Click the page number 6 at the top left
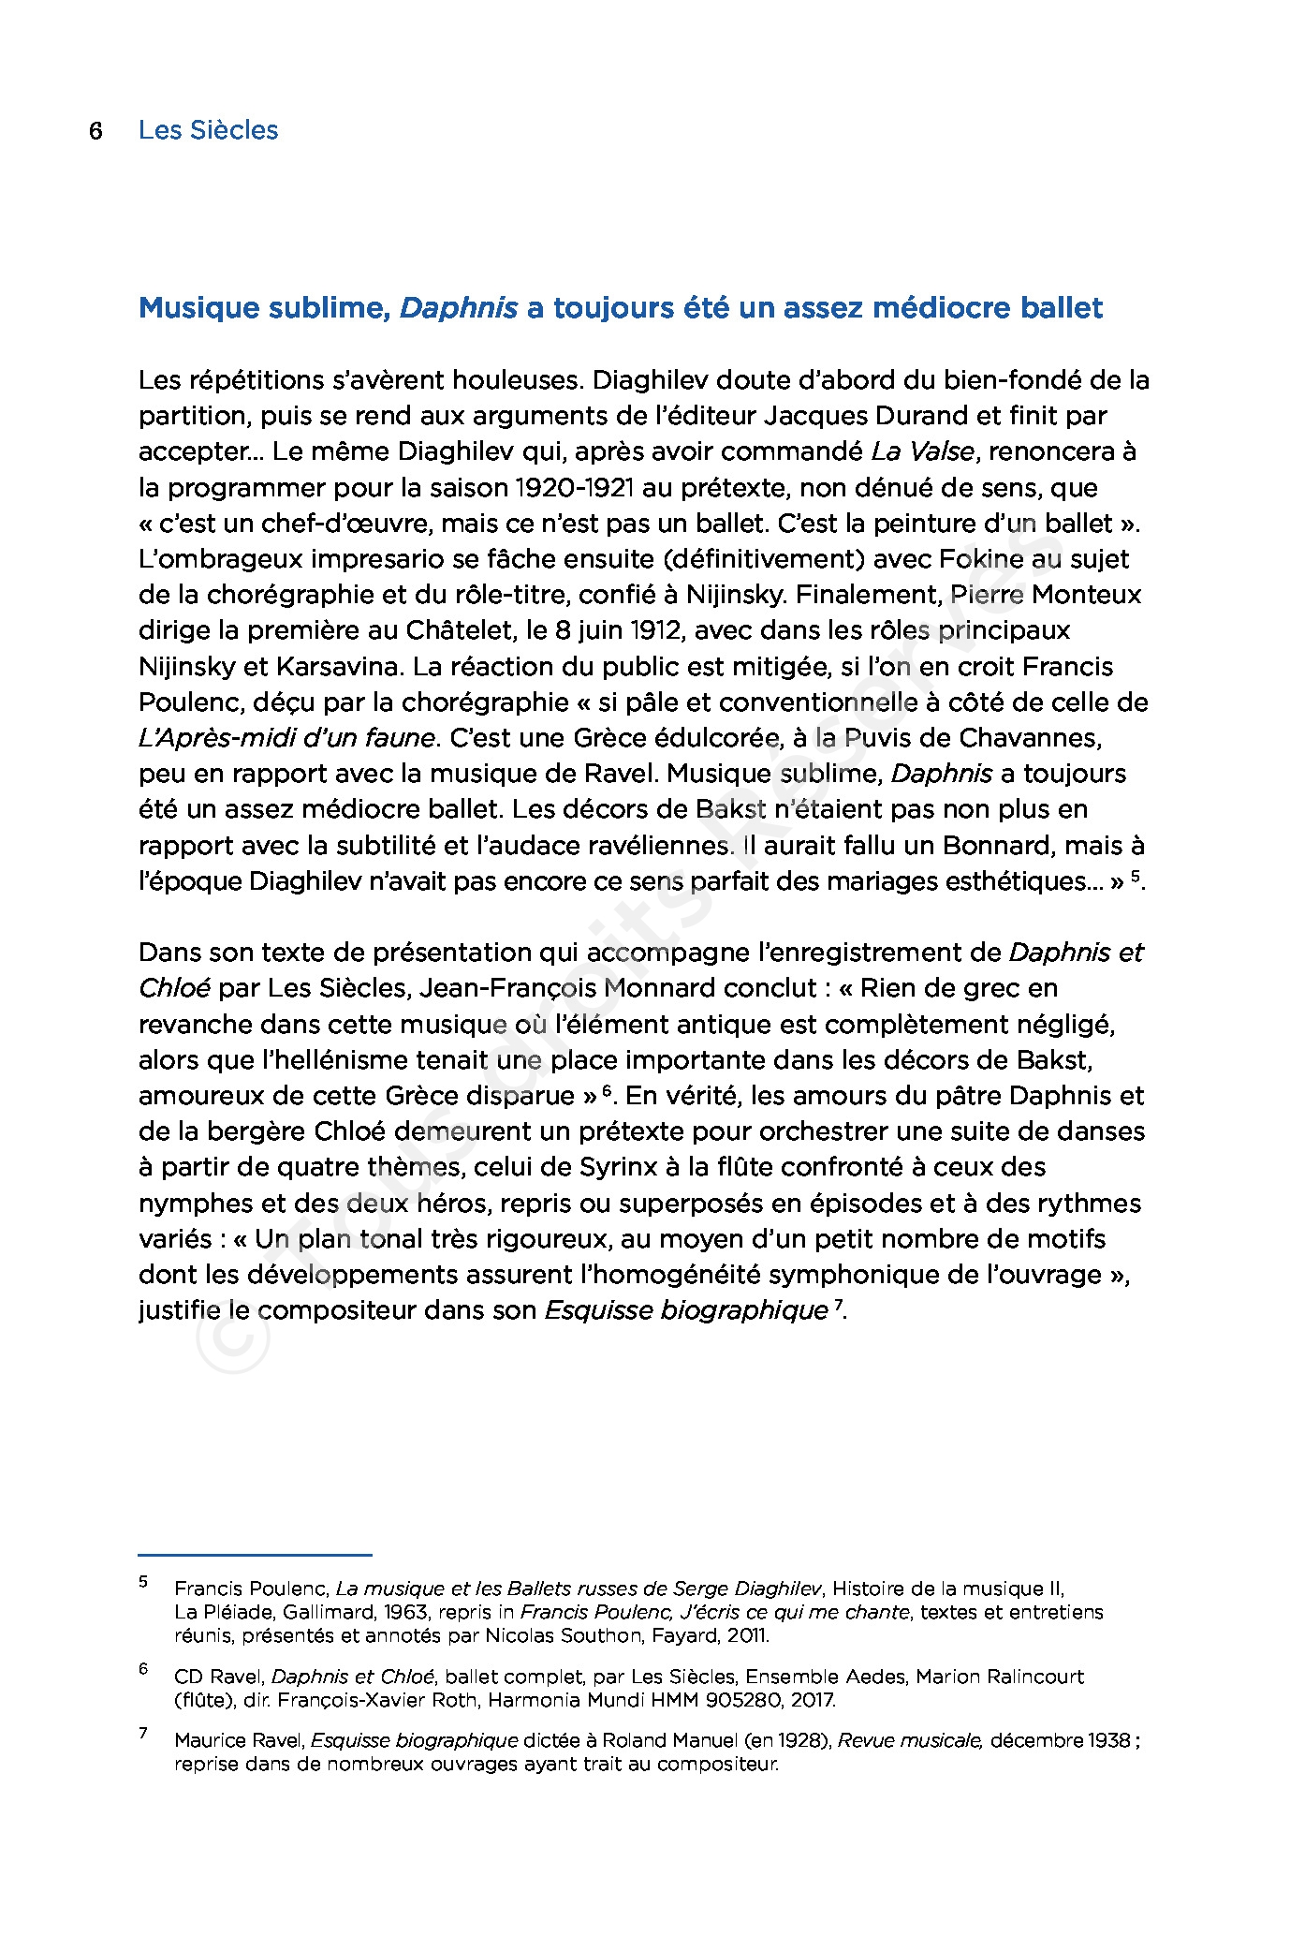point(95,130)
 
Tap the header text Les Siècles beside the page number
point(208,130)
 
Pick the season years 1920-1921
point(571,488)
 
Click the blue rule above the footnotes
point(255,1555)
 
